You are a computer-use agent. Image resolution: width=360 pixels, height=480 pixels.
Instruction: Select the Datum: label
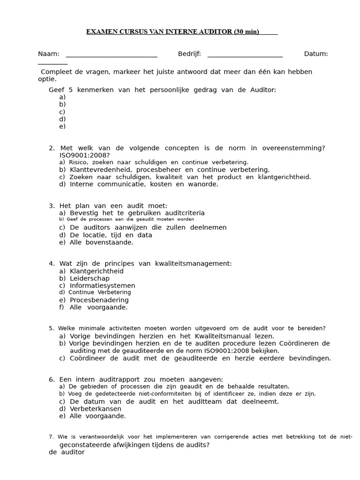316,54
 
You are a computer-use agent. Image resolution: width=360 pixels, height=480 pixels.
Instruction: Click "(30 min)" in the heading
246,32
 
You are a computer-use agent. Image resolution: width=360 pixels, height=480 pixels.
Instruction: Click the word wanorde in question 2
203,184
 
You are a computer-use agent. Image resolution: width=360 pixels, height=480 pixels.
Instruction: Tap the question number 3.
52,206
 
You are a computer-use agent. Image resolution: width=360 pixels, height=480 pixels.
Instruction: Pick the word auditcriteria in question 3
182,213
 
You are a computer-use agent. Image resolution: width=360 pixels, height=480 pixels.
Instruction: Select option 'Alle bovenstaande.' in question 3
101,242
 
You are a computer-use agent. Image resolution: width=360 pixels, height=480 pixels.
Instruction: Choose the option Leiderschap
90,278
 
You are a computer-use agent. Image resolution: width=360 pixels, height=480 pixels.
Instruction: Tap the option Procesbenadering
99,300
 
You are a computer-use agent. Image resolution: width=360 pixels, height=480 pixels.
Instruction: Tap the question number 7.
51,437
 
